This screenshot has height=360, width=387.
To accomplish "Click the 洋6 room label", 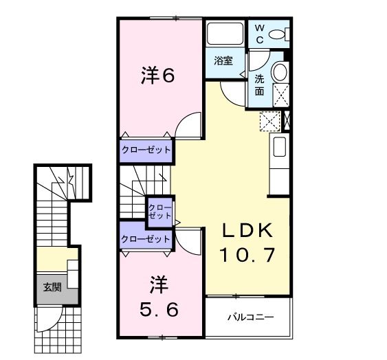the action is [x=157, y=76].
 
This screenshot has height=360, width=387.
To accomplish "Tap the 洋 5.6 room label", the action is [x=159, y=296].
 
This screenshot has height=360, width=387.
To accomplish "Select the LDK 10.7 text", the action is [x=247, y=243].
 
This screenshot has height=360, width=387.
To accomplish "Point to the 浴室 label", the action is [x=223, y=60].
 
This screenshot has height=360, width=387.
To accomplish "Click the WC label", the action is [x=259, y=34].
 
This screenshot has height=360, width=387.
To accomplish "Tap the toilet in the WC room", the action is [x=279, y=34].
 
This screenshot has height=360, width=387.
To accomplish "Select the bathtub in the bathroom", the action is [x=225, y=33].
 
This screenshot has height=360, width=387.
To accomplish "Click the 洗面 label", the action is [x=259, y=85].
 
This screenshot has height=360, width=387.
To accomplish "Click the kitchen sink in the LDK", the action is [x=280, y=146].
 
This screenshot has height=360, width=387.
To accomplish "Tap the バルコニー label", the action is [x=250, y=317].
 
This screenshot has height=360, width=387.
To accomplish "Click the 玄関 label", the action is [x=52, y=287].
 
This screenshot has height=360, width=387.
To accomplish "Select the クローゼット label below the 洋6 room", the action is [x=146, y=150].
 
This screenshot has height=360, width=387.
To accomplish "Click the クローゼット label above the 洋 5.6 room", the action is [x=146, y=239].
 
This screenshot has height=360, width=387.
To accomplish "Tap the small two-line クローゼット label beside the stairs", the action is [x=160, y=212].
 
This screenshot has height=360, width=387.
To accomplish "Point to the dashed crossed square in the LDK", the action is [x=271, y=121].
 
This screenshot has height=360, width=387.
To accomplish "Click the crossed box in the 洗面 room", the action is [x=281, y=95].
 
